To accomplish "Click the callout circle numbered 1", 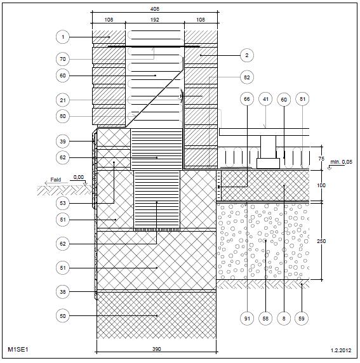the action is [63, 37].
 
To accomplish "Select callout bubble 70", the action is [63, 59].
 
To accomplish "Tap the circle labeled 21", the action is [63, 100].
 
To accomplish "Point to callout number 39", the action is [63, 142].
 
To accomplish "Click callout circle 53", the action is [63, 203].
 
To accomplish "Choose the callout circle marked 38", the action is [63, 292].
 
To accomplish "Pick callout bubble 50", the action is [63, 316].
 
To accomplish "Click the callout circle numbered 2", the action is [247, 55].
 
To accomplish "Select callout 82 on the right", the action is [247, 77].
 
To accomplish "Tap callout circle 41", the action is [265, 99].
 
